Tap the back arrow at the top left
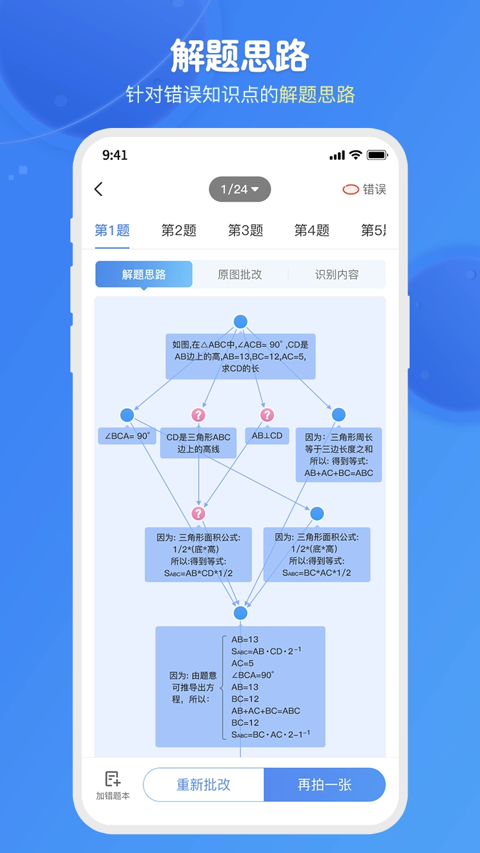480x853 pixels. tap(99, 189)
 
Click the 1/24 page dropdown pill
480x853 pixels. tap(240, 189)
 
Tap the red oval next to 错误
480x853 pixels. tap(351, 189)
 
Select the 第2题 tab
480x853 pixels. tap(179, 230)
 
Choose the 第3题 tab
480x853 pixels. tap(246, 230)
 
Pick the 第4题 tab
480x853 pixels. tap(312, 230)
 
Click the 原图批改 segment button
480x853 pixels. tap(240, 275)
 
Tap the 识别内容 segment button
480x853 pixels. tap(337, 275)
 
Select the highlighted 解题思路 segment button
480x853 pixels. tap(144, 275)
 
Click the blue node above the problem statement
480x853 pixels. tap(241, 322)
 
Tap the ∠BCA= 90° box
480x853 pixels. tap(127, 436)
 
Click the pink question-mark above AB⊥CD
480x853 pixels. tap(268, 415)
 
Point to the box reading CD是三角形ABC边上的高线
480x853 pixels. tap(198, 443)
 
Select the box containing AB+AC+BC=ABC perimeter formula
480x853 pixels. tap(339, 455)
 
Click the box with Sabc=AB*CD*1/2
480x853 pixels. tap(198, 555)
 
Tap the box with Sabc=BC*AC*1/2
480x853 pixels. tap(317, 555)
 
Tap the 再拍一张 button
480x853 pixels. tap(324, 785)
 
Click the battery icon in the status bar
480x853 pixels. tap(377, 155)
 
